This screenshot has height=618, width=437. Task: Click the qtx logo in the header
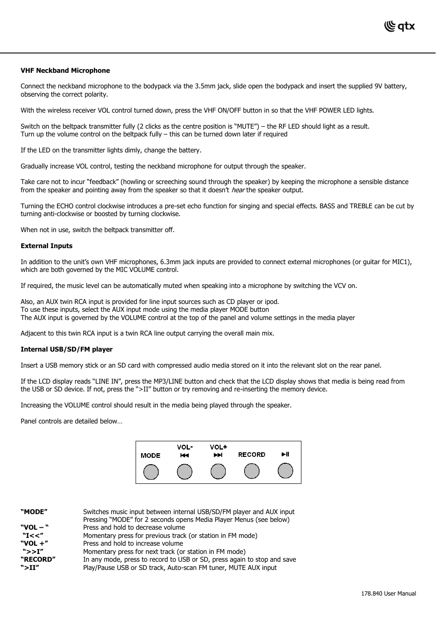pos(399,27)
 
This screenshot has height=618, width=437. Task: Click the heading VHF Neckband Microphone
pos(65,70)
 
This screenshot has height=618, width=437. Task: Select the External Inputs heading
pos(46,246)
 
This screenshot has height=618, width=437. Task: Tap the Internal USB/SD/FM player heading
pos(66,349)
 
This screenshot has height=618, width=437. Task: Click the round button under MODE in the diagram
pos(151,472)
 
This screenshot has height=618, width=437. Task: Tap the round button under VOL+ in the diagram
pos(218,472)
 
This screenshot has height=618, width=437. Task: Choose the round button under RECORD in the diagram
pos(251,471)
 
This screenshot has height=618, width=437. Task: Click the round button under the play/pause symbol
pos(285,471)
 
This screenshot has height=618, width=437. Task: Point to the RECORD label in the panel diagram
pos(251,455)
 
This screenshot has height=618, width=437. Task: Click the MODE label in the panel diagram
pos(150,455)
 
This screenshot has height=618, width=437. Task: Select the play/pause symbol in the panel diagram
pos(285,454)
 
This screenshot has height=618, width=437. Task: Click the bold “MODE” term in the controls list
pos(34,512)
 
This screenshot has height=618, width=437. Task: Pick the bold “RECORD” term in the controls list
pos(38,559)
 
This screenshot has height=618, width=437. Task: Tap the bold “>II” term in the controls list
pos(30,568)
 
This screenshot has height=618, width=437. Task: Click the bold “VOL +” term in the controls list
pos(34,543)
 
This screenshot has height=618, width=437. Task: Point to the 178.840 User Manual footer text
pos(388,594)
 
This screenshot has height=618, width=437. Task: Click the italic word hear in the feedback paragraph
pos(238,190)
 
